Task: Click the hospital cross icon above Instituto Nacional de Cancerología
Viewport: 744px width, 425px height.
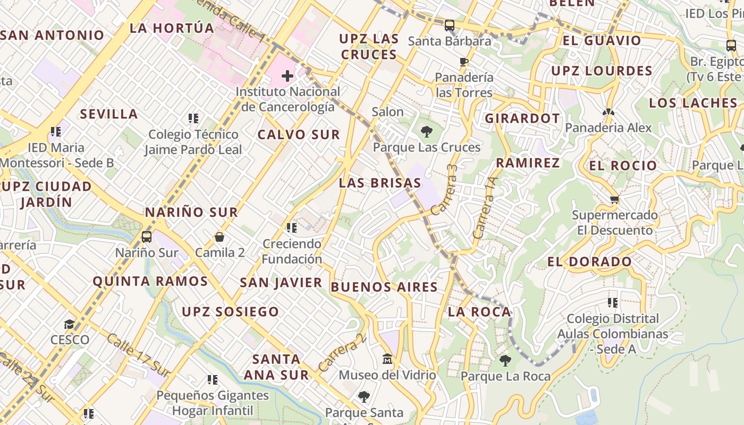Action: [288, 76]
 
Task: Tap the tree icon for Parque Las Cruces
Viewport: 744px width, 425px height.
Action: [426, 131]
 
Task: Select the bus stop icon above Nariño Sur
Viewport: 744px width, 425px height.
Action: [147, 237]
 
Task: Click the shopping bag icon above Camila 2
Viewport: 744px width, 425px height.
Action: [219, 237]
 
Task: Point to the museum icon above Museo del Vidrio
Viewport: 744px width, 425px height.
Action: [387, 360]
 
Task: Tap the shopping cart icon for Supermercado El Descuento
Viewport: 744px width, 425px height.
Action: [615, 200]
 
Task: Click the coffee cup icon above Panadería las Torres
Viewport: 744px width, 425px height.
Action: [464, 62]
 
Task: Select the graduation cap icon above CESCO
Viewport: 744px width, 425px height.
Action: [70, 324]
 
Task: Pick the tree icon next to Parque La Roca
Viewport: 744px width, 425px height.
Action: [505, 361]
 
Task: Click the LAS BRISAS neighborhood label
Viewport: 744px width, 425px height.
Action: [380, 183]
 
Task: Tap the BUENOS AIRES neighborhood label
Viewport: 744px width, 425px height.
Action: [384, 287]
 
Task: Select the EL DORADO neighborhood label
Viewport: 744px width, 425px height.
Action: [589, 261]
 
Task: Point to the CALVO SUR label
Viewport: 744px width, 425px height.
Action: [299, 135]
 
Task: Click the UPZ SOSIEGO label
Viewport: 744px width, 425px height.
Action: [230, 312]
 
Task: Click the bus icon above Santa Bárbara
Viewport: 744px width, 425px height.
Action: [450, 25]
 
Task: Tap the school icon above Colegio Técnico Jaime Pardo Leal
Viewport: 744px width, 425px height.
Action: [193, 118]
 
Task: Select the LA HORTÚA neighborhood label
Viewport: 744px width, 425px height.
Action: [172, 28]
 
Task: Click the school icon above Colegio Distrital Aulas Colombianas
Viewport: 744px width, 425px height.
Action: [613, 303]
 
